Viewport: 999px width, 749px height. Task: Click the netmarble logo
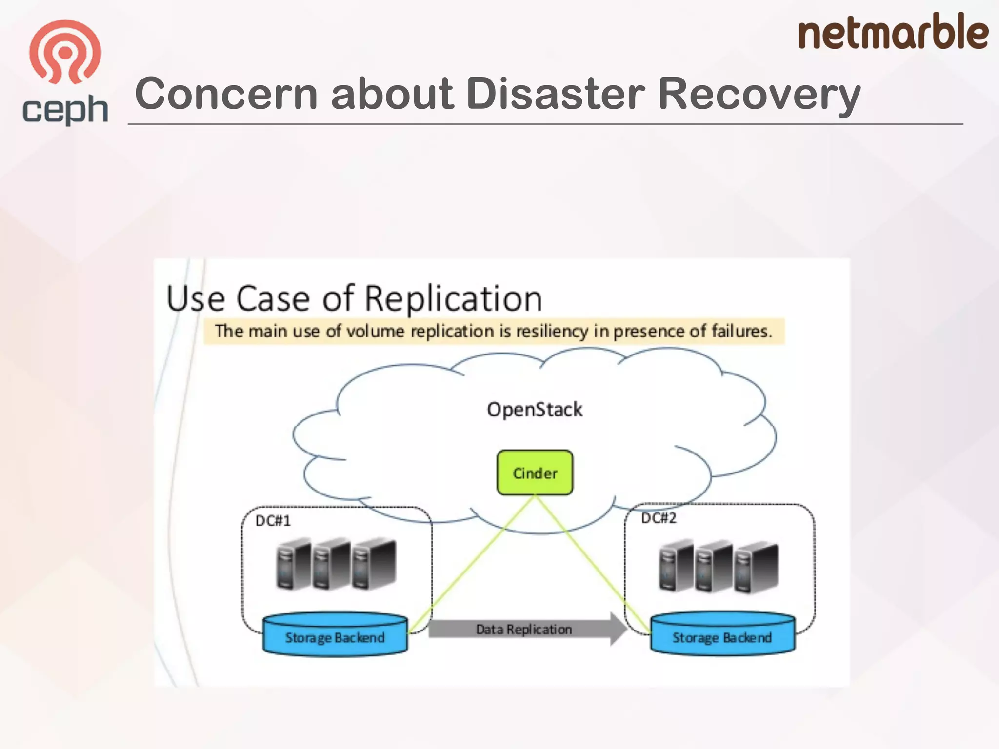[893, 32]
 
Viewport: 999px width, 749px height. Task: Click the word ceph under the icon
[65, 110]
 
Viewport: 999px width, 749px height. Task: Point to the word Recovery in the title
[759, 94]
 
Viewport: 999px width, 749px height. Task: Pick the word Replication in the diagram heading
[453, 298]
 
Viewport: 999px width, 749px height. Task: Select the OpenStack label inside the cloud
[535, 410]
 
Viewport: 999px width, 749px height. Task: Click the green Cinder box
[535, 473]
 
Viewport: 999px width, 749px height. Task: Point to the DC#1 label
[273, 521]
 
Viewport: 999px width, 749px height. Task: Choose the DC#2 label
[659, 518]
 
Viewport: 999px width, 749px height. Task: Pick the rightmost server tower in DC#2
[756, 567]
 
